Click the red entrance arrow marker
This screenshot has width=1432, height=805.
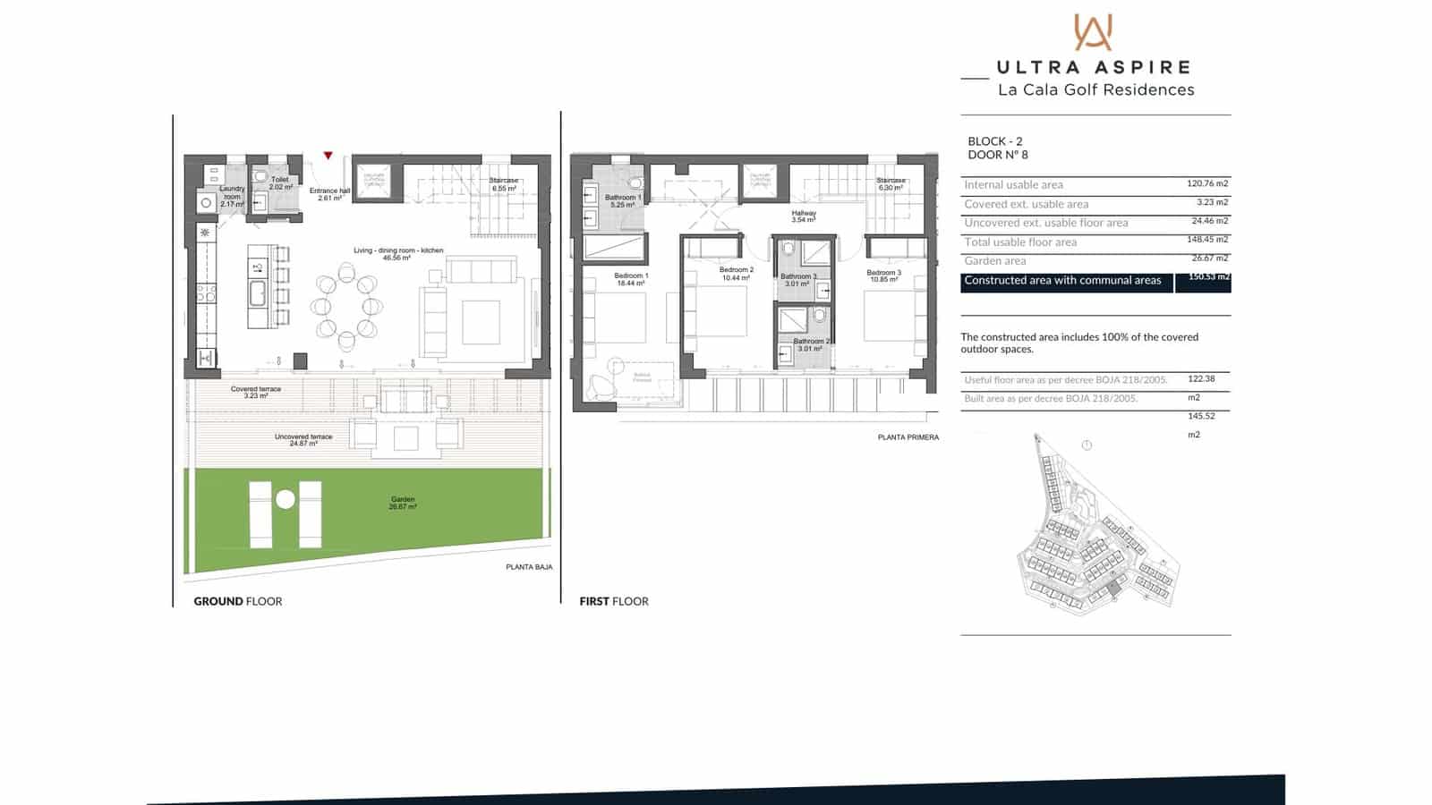pyautogui.click(x=328, y=156)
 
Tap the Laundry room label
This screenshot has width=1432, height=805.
pyautogui.click(x=232, y=196)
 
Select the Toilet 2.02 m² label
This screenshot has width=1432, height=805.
pyautogui.click(x=280, y=182)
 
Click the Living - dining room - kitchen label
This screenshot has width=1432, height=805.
pyautogui.click(x=398, y=254)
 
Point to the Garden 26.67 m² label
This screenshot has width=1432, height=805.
pyautogui.click(x=403, y=503)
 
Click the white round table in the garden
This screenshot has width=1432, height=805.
pyautogui.click(x=286, y=499)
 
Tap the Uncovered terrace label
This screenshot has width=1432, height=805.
pyautogui.click(x=303, y=439)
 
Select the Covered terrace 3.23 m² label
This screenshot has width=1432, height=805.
pyautogui.click(x=256, y=392)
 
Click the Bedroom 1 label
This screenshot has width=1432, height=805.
pyautogui.click(x=631, y=279)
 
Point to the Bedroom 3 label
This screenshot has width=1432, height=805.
pyautogui.click(x=883, y=275)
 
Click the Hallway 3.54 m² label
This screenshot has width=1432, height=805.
pyautogui.click(x=804, y=216)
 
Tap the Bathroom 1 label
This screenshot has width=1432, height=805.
pyautogui.click(x=623, y=200)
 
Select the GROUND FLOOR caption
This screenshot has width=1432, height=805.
pyautogui.click(x=237, y=601)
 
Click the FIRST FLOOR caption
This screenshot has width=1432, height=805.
pyautogui.click(x=614, y=601)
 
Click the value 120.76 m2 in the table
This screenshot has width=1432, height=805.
pyautogui.click(x=1207, y=183)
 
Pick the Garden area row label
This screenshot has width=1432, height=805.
pyautogui.click(x=995, y=261)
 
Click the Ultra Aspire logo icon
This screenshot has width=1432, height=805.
pyautogui.click(x=1093, y=32)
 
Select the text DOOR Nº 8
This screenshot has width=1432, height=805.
pyautogui.click(x=998, y=155)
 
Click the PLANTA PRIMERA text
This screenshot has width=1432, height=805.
pyautogui.click(x=908, y=437)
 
